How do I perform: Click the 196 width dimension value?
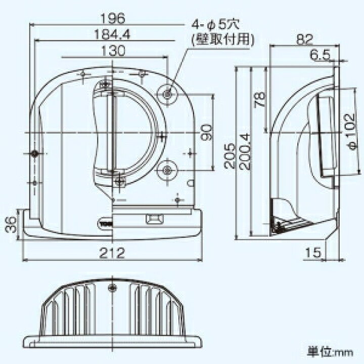113,18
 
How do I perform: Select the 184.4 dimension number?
112,34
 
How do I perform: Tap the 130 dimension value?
114,51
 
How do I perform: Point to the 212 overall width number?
112,253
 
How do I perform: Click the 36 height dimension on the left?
11,224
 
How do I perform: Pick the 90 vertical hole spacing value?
206,132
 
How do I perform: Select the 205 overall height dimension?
230,156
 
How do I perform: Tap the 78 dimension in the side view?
259,100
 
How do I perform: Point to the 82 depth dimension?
304,39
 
